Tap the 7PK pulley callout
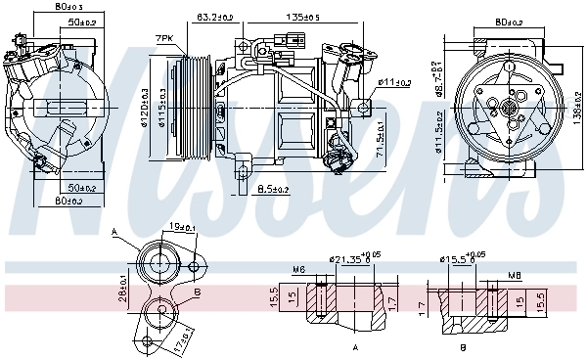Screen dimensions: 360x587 163,39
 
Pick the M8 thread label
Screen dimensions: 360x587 514,276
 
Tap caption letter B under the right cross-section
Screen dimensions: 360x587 462,347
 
